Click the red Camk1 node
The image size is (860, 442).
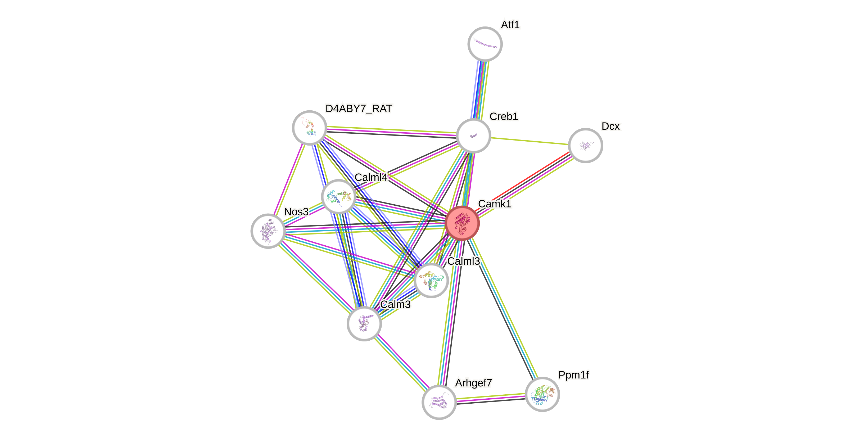point(462,223)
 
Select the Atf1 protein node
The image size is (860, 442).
point(485,44)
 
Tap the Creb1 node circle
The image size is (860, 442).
point(473,136)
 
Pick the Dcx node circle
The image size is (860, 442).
point(585,145)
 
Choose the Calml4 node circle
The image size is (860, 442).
point(338,196)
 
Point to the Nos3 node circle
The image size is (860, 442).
point(268,231)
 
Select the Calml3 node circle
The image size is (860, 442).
point(431,280)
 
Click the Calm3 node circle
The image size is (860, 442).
point(364,323)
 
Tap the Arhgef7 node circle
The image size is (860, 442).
point(439,402)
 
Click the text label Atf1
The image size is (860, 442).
point(510,25)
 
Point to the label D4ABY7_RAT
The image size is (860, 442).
point(359,109)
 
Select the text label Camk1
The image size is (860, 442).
point(494,204)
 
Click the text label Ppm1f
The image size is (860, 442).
point(574,375)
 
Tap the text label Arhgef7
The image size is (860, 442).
point(473,382)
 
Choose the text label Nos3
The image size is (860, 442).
point(296,212)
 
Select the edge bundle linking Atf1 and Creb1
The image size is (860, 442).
point(479,89)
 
